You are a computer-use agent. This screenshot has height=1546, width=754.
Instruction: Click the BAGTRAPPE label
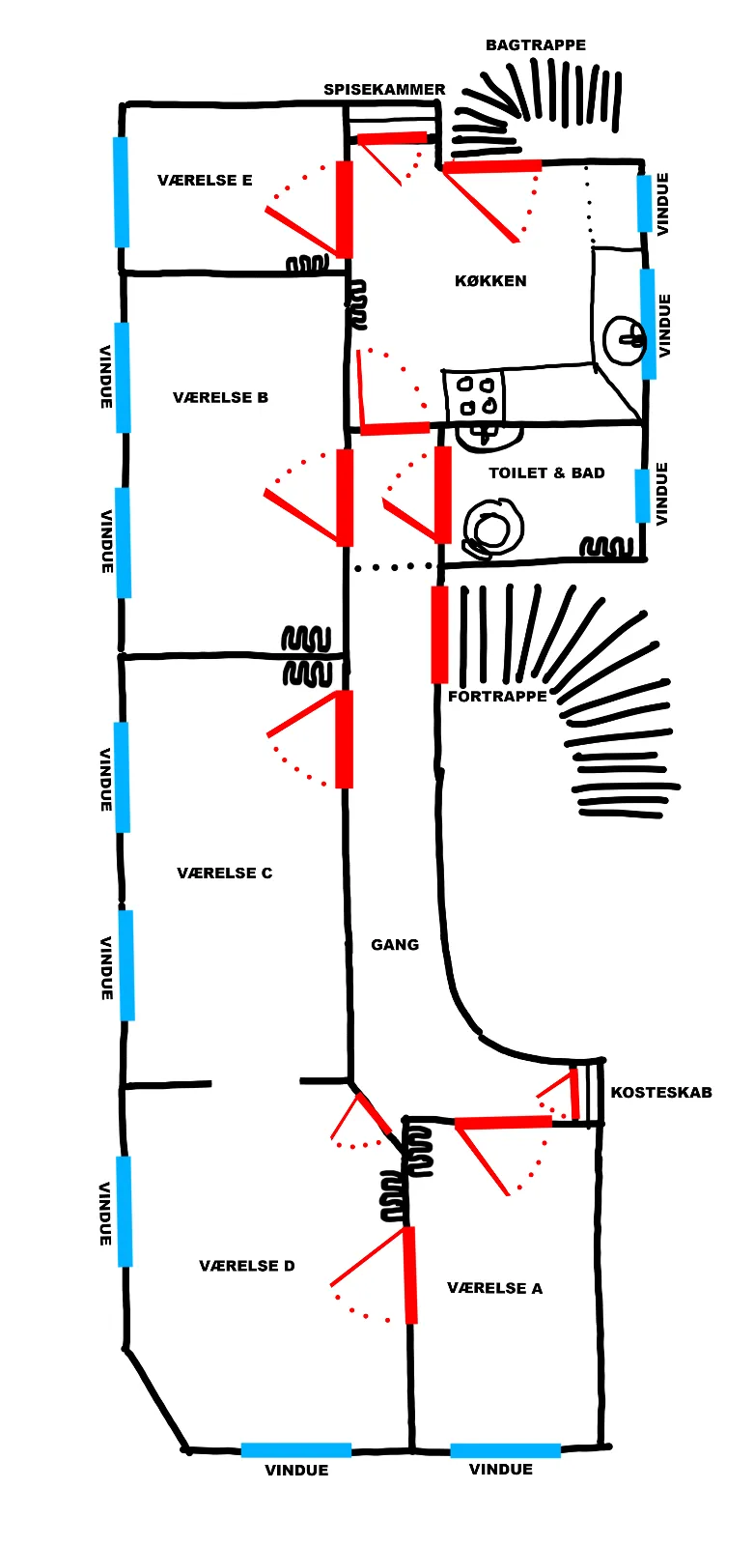[535, 44]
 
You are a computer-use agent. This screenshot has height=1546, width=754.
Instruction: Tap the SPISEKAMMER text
[384, 90]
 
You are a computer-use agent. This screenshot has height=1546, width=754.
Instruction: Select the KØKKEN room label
[490, 281]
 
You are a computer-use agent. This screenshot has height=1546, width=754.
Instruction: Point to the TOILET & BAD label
[546, 472]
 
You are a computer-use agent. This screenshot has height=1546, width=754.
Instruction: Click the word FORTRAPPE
[497, 697]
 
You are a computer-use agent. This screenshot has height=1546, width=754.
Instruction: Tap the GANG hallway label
[395, 945]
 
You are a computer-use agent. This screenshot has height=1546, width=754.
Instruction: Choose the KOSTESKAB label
[661, 1093]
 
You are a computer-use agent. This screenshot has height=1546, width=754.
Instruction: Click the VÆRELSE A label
[494, 1288]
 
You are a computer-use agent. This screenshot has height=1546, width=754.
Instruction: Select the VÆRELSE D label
[247, 1266]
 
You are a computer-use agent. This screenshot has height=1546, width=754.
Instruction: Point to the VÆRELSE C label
[225, 873]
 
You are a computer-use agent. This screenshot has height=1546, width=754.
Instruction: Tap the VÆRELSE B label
[220, 397]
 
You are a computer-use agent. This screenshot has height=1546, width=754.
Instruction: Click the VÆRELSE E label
[205, 180]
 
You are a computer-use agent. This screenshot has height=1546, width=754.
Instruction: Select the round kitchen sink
[625, 339]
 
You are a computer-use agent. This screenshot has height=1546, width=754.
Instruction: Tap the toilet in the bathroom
[491, 528]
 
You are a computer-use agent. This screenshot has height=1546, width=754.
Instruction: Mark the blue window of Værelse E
[121, 192]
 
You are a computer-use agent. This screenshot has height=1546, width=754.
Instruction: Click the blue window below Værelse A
[505, 1450]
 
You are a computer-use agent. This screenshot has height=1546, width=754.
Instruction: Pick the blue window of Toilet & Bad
[642, 496]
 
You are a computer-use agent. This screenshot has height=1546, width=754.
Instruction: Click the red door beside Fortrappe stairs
[439, 634]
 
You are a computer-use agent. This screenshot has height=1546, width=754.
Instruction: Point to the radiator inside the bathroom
[605, 547]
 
